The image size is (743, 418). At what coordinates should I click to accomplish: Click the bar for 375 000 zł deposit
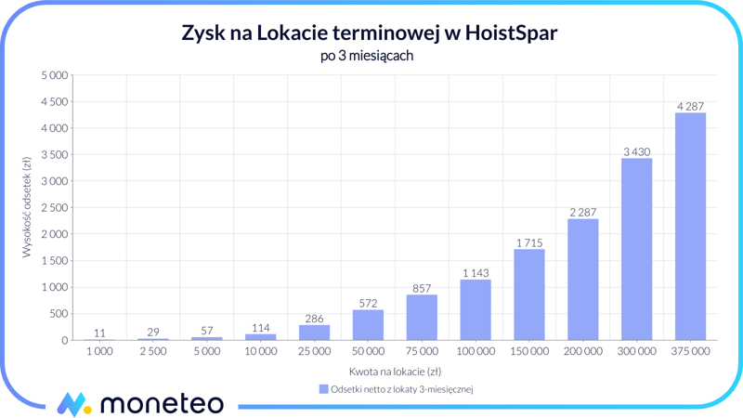[690, 227]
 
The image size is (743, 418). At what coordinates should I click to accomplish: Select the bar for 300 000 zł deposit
[636, 249]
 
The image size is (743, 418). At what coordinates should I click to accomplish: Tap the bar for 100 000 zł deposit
[476, 309]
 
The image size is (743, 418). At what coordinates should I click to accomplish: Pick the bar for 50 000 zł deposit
[368, 325]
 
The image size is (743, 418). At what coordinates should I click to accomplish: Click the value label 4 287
[690, 107]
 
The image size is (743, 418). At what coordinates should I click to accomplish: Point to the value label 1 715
[529, 243]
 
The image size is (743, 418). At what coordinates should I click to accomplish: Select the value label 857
[422, 289]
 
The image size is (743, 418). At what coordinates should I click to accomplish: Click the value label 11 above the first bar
[99, 333]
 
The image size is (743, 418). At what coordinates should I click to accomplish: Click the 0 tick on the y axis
[64, 340]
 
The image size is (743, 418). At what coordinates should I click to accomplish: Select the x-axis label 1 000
[99, 352]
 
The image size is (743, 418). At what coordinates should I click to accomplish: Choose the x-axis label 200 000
[583, 352]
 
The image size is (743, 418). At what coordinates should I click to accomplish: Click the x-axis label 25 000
[314, 352]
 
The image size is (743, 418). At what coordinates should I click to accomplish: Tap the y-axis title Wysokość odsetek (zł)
[28, 207]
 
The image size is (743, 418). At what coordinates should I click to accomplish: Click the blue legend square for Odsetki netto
[323, 390]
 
